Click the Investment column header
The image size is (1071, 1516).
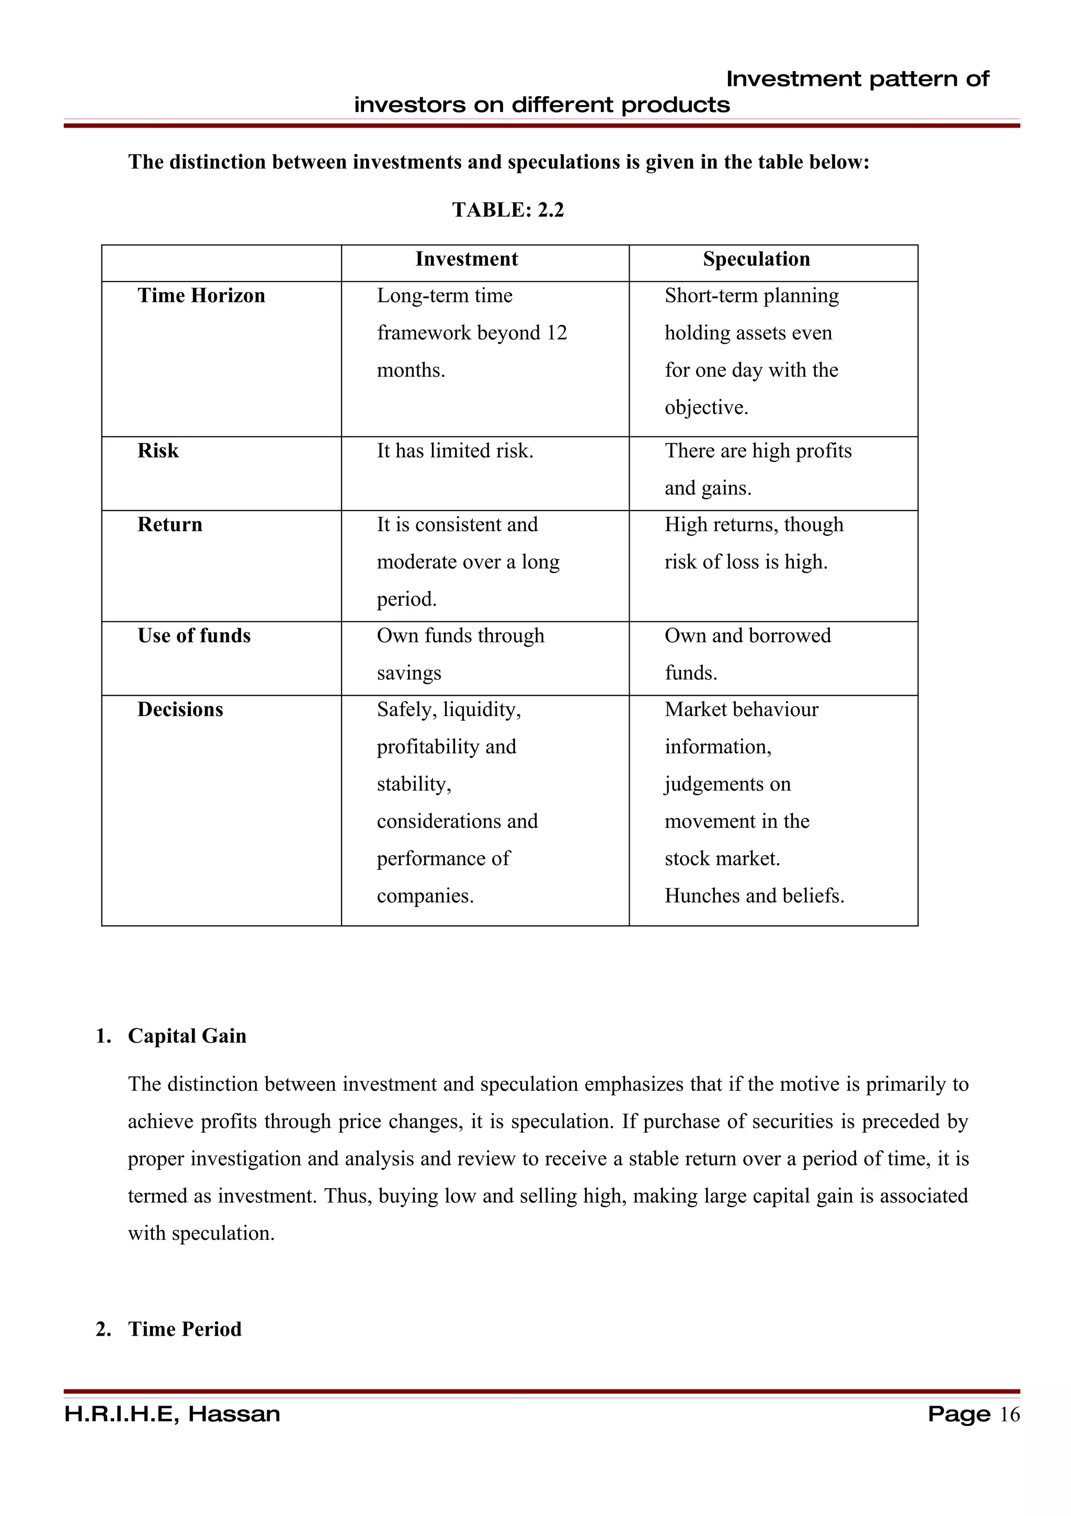click(466, 259)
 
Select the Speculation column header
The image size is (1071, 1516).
click(756, 259)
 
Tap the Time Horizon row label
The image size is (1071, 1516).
click(201, 295)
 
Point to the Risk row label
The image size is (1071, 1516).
click(158, 450)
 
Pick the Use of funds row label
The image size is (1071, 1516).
click(194, 635)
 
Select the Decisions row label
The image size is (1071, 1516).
click(180, 709)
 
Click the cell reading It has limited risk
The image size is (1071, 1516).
click(454, 451)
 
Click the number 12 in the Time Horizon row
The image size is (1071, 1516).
click(556, 333)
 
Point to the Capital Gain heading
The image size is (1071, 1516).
click(187, 1035)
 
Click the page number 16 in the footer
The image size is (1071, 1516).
click(1010, 1415)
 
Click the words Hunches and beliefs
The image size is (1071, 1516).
click(754, 896)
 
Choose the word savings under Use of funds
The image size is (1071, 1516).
click(408, 673)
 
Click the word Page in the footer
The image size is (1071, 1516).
click(959, 1415)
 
